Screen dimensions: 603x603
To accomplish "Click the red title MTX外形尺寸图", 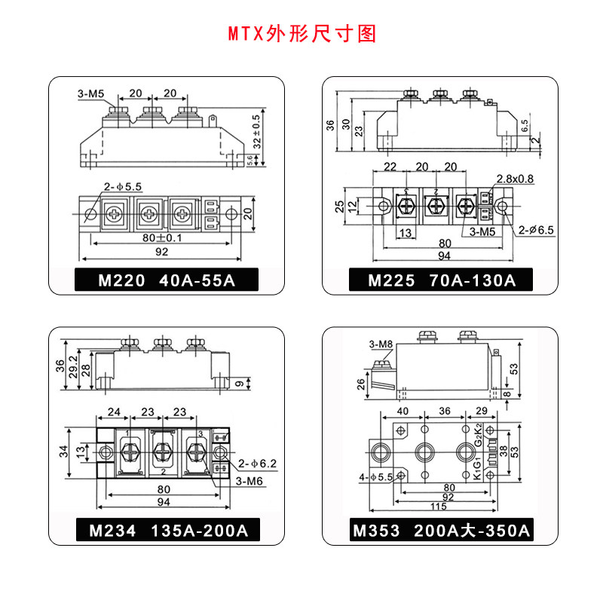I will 301,35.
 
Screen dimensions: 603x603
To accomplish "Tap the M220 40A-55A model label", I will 167,281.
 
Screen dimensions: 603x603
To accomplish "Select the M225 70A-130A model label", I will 442,281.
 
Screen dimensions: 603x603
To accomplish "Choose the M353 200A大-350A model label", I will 442,530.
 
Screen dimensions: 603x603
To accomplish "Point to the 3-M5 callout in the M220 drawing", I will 95,94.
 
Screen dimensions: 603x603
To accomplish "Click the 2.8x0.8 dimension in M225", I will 514,179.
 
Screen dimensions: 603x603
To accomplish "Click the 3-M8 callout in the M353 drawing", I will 381,344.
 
